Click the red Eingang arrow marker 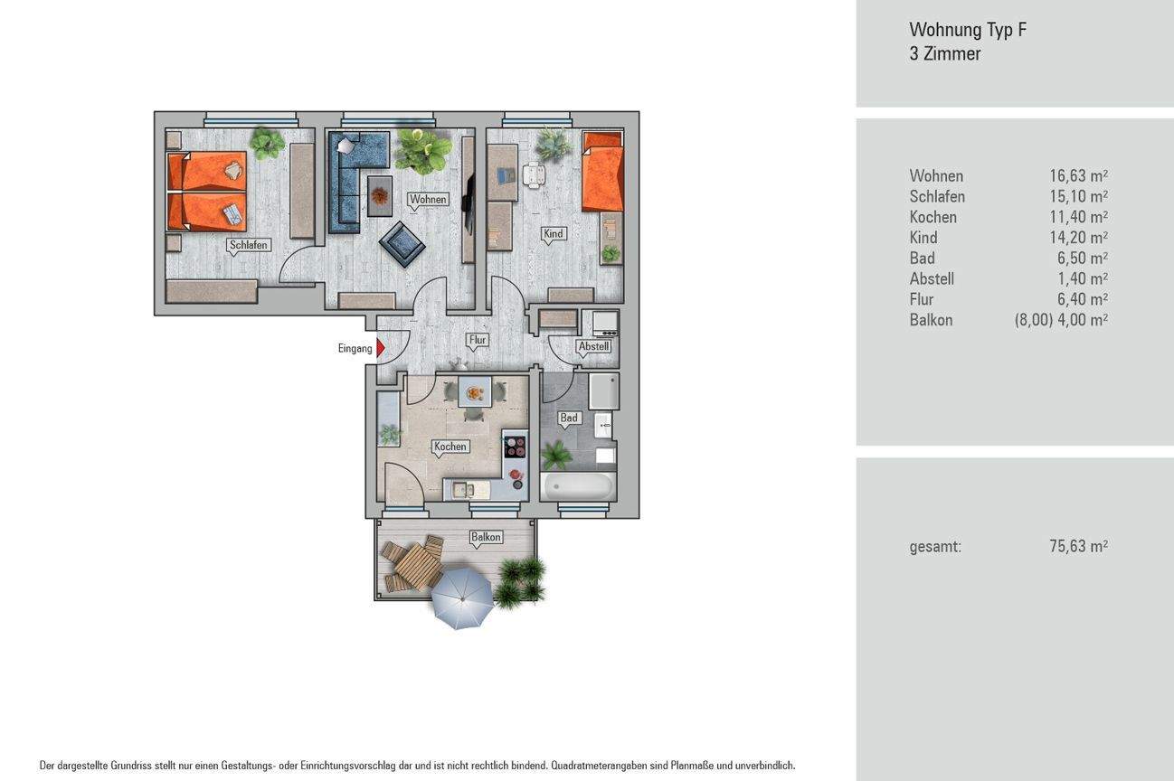[x=381, y=348]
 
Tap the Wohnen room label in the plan [x=428, y=199]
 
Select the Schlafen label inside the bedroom [x=249, y=245]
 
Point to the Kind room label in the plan [x=554, y=233]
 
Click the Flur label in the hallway [x=478, y=340]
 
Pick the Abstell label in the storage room [x=593, y=346]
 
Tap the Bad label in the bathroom [x=569, y=418]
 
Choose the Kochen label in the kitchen [x=450, y=447]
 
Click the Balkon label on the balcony [x=486, y=537]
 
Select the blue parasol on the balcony [x=462, y=598]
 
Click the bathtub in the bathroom [x=578, y=486]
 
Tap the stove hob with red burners [x=515, y=447]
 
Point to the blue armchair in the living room [x=402, y=244]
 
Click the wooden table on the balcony [x=418, y=567]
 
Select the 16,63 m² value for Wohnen [x=1078, y=176]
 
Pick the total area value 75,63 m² [x=1078, y=546]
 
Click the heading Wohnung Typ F [x=968, y=30]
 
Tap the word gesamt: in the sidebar [x=935, y=548]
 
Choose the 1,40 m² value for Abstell [x=1083, y=278]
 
